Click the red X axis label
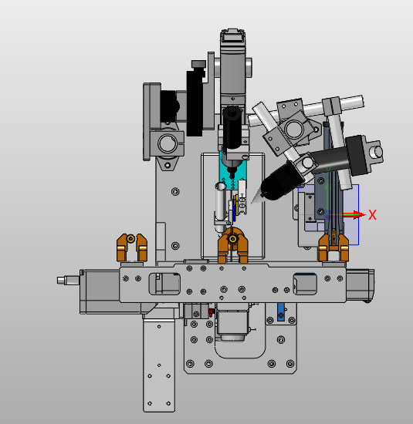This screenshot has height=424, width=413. [x=372, y=215]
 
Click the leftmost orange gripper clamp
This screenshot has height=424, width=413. [x=132, y=247]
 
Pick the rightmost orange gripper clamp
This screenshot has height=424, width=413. [x=333, y=248]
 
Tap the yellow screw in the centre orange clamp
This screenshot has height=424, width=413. [x=232, y=239]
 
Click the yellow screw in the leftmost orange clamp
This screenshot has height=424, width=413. [x=130, y=238]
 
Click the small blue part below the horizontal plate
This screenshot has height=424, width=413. [x=281, y=311]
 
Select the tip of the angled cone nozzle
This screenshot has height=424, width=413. [x=252, y=203]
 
